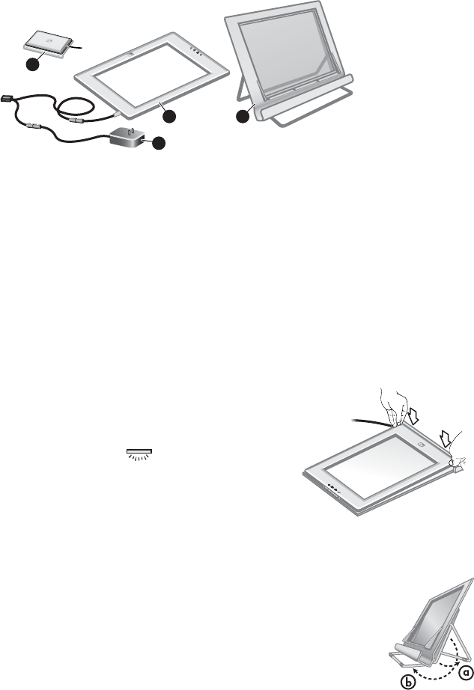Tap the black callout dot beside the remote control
[x=31, y=66]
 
